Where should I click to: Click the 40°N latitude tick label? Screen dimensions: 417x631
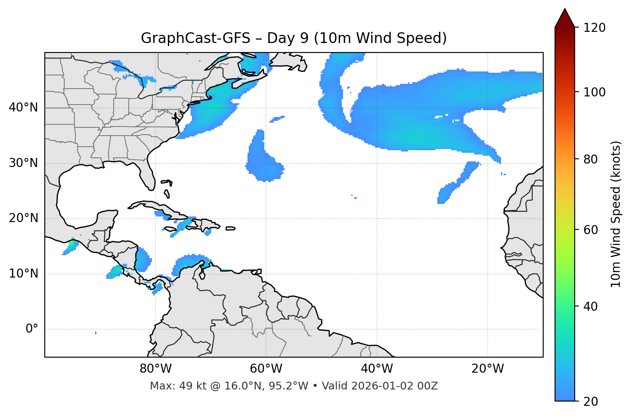pyautogui.click(x=23, y=108)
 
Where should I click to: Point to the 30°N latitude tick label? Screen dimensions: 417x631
pyautogui.click(x=23, y=163)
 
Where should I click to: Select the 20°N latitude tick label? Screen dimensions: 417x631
pyautogui.click(x=23, y=218)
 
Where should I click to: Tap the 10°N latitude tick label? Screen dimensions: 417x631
pyautogui.click(x=23, y=274)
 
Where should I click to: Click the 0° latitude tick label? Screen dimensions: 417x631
pyautogui.click(x=32, y=329)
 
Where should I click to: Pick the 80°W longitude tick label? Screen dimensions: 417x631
pyautogui.click(x=155, y=369)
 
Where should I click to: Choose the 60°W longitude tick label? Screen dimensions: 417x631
pyautogui.click(x=266, y=369)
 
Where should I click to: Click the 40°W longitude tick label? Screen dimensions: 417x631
pyautogui.click(x=377, y=369)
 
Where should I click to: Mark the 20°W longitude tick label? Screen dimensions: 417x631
pyautogui.click(x=487, y=369)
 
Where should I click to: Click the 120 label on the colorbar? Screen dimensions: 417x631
pyautogui.click(x=594, y=28)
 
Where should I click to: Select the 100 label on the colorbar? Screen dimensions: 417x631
pyautogui.click(x=594, y=92)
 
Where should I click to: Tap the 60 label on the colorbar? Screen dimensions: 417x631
pyautogui.click(x=591, y=230)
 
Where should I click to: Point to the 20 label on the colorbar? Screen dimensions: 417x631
pyautogui.click(x=591, y=402)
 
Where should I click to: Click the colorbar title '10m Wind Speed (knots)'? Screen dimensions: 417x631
pyautogui.click(x=616, y=214)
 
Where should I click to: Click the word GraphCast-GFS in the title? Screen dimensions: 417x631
pyautogui.click(x=195, y=38)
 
